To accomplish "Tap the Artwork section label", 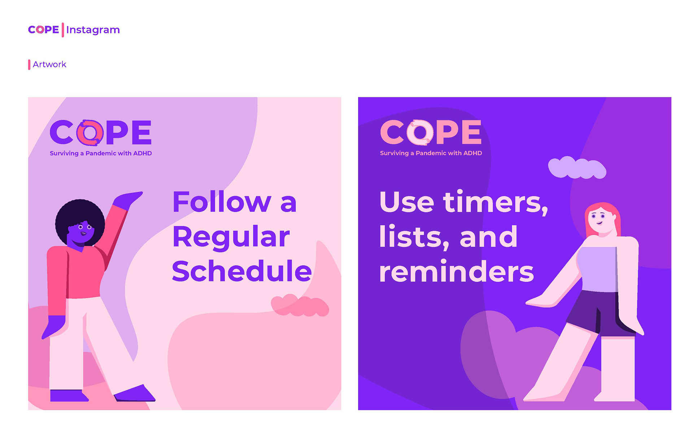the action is point(49,65).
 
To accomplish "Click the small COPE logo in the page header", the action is point(43,30).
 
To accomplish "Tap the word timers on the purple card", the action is point(495,202).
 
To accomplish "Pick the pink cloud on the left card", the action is point(300,306).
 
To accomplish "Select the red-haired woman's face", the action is point(600,220).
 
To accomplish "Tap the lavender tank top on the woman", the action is point(597,269).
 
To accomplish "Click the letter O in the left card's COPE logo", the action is point(90,132).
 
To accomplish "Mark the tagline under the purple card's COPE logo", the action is point(431,153).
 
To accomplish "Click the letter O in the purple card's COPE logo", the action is point(420,132).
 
